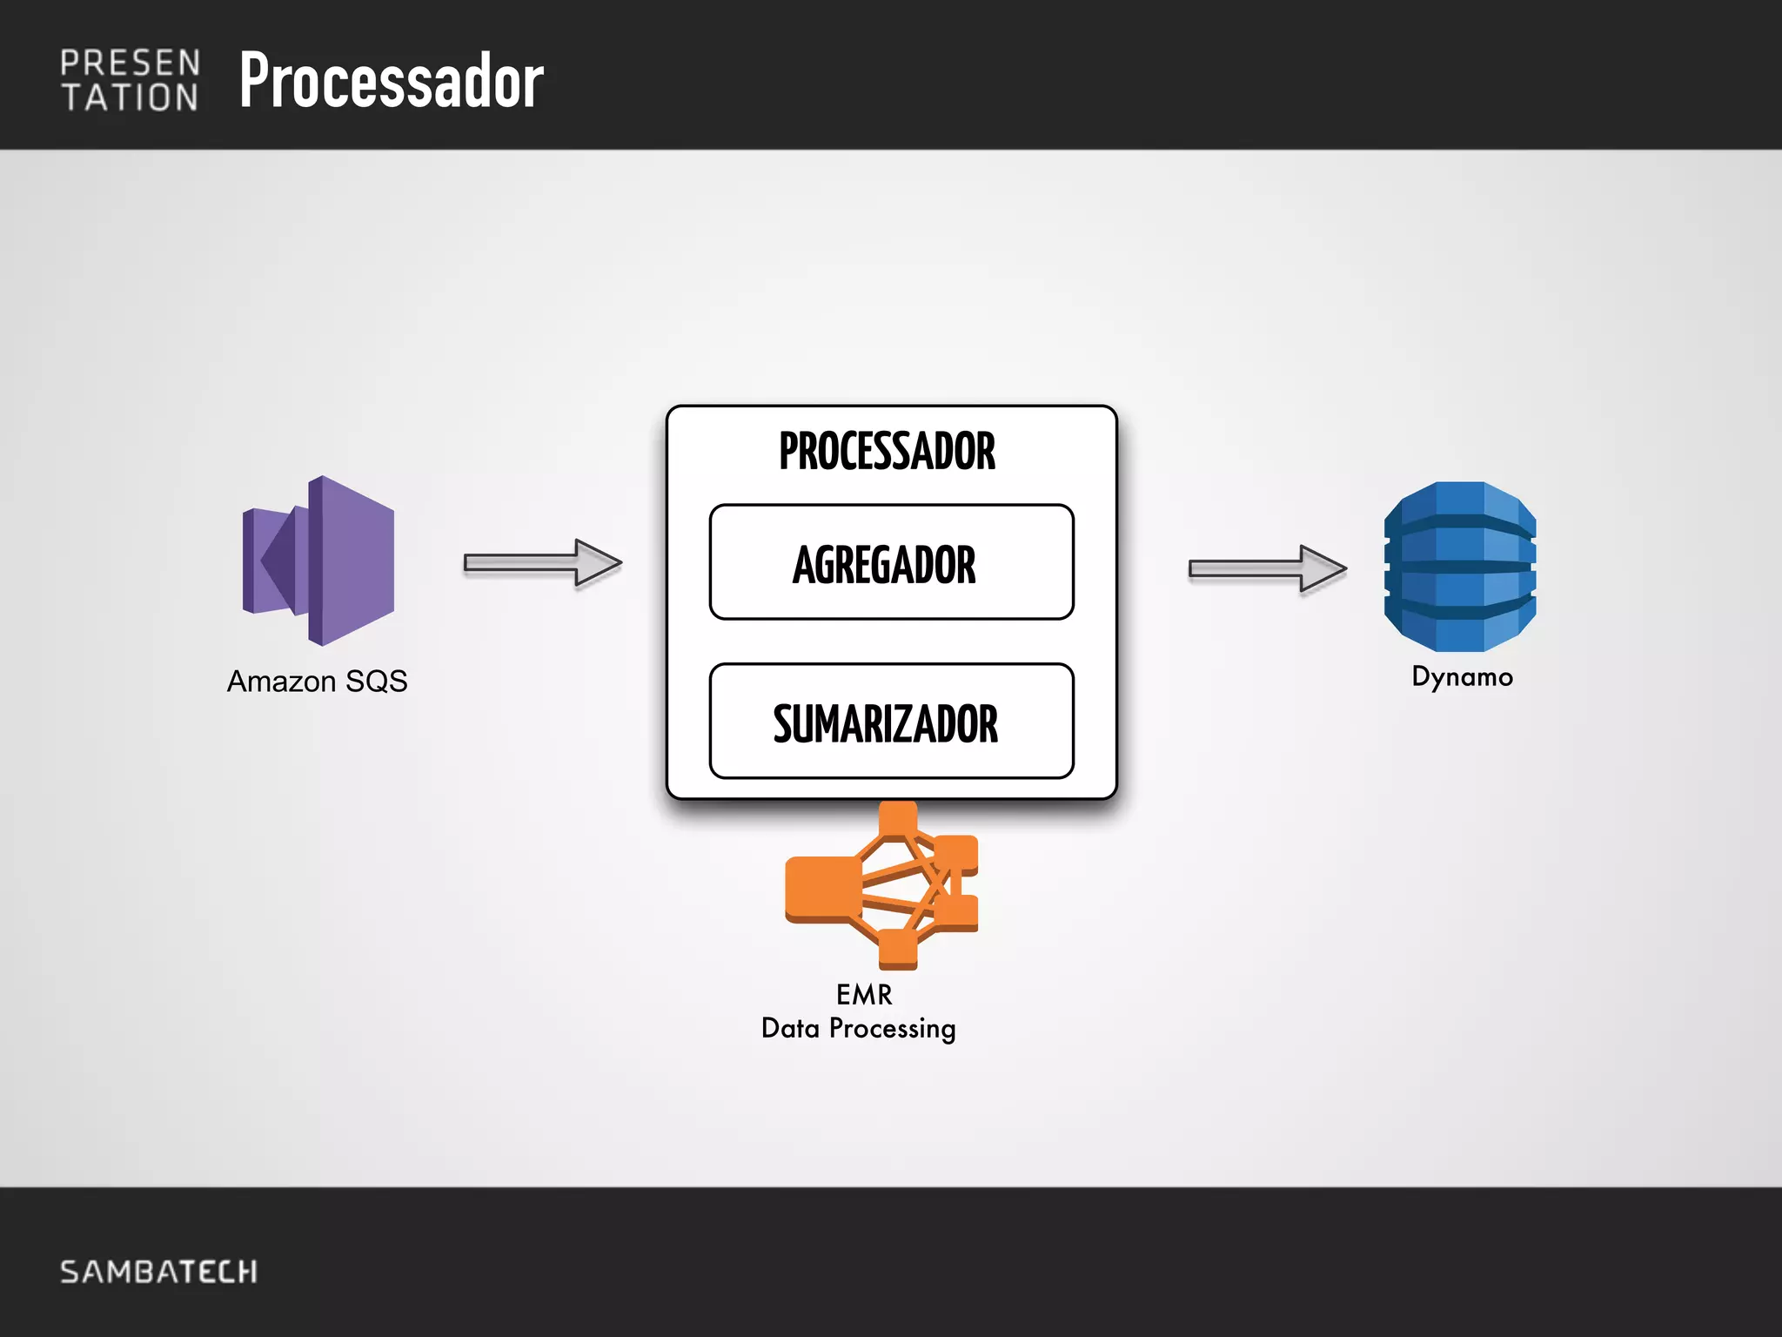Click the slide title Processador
click(391, 80)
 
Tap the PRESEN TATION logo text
click(130, 81)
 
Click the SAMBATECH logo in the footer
click(158, 1272)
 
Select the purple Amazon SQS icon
click(318, 561)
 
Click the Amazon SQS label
click(317, 681)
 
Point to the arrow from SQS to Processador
click(541, 562)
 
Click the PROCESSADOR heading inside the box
click(887, 451)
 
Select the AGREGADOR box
click(891, 562)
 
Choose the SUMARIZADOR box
click(891, 722)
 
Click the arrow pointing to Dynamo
click(1266, 568)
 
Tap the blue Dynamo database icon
click(1459, 567)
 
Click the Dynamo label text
click(1462, 676)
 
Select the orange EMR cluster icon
click(882, 885)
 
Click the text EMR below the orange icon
click(863, 994)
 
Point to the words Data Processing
click(858, 1029)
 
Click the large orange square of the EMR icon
click(822, 888)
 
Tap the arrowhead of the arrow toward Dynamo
click(1323, 568)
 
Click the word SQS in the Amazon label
click(376, 681)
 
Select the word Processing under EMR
click(892, 1029)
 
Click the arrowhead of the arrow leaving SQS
click(598, 562)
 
